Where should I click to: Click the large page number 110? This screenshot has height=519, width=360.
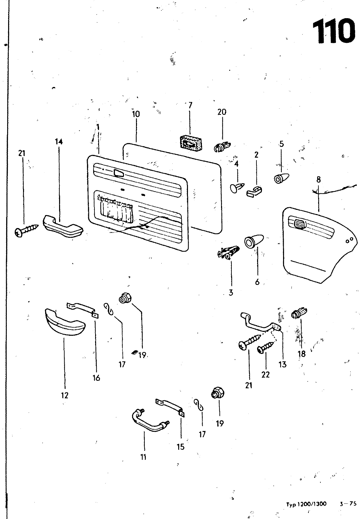pyautogui.click(x=333, y=31)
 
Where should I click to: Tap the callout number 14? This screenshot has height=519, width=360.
pyautogui.click(x=59, y=141)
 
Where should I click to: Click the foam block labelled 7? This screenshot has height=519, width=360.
pyautogui.click(x=191, y=142)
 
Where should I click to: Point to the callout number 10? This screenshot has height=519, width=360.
pyautogui.click(x=136, y=114)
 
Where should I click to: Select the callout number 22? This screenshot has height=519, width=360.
pyautogui.click(x=266, y=375)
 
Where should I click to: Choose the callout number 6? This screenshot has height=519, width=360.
pyautogui.click(x=257, y=282)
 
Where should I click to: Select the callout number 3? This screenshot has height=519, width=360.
pyautogui.click(x=231, y=293)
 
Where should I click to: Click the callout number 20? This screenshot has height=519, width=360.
pyautogui.click(x=222, y=112)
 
